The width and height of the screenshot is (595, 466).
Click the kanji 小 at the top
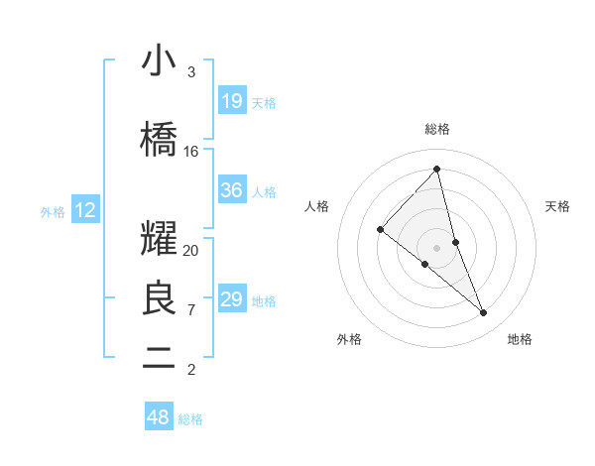pyautogui.click(x=159, y=61)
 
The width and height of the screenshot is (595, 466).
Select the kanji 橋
pyautogui.click(x=159, y=140)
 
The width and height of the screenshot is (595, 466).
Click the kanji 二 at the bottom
pyautogui.click(x=159, y=358)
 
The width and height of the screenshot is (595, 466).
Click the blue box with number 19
pyautogui.click(x=232, y=101)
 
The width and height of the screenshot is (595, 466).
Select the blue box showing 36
pyautogui.click(x=232, y=191)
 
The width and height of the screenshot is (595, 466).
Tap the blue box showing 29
pyautogui.click(x=232, y=299)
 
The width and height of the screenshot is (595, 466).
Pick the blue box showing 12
pyautogui.click(x=84, y=210)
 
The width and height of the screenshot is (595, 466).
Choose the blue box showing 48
pyautogui.click(x=159, y=417)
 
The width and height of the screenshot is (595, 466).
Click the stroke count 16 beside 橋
pyautogui.click(x=191, y=151)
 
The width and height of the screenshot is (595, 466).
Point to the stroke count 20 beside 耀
pyautogui.click(x=191, y=250)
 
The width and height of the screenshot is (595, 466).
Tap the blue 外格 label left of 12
pyautogui.click(x=53, y=211)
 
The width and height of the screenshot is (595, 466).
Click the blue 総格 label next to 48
pyautogui.click(x=190, y=419)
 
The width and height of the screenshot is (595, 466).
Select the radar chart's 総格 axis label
pyautogui.click(x=437, y=129)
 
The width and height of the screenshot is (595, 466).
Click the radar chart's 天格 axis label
pyautogui.click(x=557, y=206)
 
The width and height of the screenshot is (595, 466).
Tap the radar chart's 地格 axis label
pyautogui.click(x=520, y=339)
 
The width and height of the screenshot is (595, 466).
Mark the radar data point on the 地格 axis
pyautogui.click(x=484, y=313)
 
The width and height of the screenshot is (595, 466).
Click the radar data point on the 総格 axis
pyautogui.click(x=437, y=169)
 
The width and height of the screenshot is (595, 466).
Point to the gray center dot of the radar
pyautogui.click(x=437, y=247)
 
